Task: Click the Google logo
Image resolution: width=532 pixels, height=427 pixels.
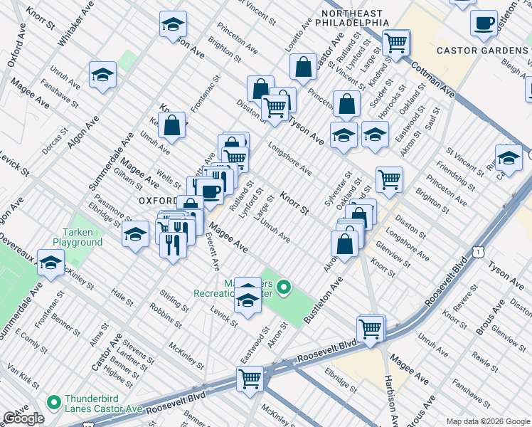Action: pyautogui.click(x=23, y=418)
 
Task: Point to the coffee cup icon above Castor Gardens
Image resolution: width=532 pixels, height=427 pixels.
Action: pyautogui.click(x=484, y=23)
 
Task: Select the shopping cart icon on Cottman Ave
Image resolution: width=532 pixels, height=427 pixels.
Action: pyautogui.click(x=396, y=42)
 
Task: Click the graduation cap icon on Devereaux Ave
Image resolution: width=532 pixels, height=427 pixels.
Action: pyautogui.click(x=50, y=263)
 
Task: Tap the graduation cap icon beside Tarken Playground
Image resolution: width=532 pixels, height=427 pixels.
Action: pyautogui.click(x=135, y=234)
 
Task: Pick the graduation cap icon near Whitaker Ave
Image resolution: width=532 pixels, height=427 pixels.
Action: pyautogui.click(x=102, y=75)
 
